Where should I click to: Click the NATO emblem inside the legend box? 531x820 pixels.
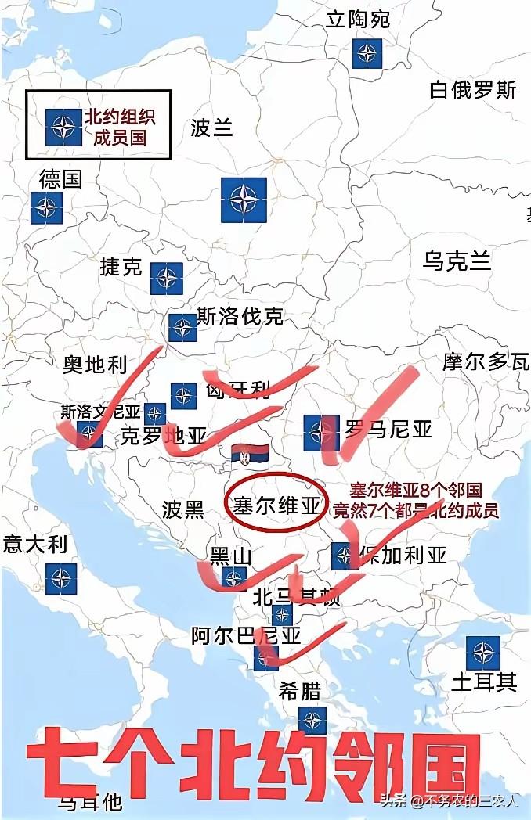point(63,126)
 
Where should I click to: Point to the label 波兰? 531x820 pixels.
point(211,128)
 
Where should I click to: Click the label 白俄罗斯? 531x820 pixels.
point(473,90)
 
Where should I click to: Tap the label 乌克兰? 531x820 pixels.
point(457,261)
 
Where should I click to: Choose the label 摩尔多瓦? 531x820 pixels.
point(486,361)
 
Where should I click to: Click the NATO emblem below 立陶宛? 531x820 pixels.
point(366,53)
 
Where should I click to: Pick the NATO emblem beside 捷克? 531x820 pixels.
point(167,278)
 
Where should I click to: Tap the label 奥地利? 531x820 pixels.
point(95,364)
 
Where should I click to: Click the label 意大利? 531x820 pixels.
point(35,544)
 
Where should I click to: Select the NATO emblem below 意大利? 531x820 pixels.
point(61,579)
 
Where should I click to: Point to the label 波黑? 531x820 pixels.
point(182,510)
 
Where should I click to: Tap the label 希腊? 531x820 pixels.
point(300,690)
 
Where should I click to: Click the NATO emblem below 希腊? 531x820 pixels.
point(312,721)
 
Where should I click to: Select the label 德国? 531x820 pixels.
point(60,179)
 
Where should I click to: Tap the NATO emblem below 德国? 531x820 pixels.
point(46,208)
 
